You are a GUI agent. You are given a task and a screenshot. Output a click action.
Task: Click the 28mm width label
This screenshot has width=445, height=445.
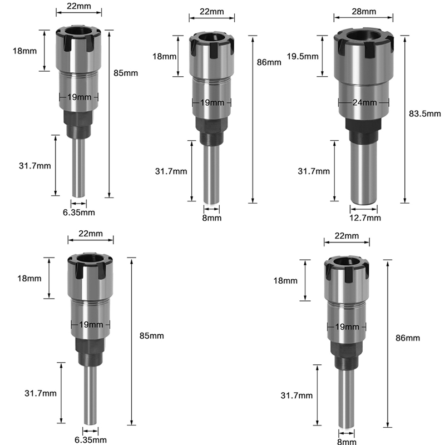pos(364,11)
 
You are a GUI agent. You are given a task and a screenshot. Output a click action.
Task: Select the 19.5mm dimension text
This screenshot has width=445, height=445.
pos(303,56)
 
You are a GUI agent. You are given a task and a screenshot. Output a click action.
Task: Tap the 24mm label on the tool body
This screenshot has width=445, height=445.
pos(365,102)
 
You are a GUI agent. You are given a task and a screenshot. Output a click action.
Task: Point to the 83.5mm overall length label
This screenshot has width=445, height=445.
pos(425,113)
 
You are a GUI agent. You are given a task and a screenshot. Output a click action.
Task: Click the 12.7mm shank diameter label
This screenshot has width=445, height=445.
pos(365,217)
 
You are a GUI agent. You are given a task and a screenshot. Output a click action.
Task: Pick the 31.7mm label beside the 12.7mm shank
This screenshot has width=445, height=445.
pos(314,171)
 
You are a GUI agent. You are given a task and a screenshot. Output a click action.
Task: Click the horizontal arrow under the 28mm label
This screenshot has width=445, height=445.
pos(363,18)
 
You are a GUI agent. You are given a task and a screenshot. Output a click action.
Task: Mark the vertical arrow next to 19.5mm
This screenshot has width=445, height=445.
pos(323,56)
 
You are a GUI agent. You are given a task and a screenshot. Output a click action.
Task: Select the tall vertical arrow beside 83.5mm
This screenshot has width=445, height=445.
pos(405,119)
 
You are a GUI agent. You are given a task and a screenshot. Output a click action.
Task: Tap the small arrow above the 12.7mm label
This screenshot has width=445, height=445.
pos(364,209)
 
